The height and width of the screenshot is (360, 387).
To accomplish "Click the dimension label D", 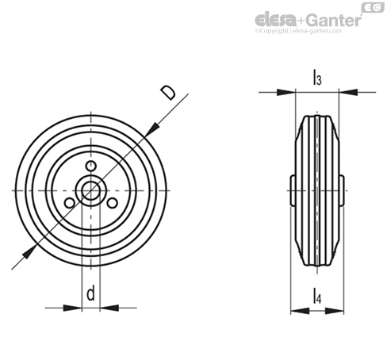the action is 168,92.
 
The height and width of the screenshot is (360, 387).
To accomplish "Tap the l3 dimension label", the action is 317,77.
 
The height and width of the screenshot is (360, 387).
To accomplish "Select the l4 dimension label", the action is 317,296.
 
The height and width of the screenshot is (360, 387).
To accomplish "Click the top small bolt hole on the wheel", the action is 90,166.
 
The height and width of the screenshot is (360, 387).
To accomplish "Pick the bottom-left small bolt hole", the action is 69,203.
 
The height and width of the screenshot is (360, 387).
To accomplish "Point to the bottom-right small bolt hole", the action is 112,203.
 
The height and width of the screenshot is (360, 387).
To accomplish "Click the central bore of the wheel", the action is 90,190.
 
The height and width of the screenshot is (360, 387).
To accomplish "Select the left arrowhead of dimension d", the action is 72,308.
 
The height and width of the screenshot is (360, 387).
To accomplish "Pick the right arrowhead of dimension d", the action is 109,308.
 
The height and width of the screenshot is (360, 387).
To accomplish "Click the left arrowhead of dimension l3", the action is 285,92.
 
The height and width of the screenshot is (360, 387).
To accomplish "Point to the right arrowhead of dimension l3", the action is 348,92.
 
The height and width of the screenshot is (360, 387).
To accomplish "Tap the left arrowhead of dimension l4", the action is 300,311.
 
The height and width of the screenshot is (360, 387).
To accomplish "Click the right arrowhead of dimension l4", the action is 335,311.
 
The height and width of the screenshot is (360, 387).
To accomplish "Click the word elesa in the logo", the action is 276,21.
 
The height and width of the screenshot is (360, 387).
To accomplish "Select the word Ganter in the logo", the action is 335,20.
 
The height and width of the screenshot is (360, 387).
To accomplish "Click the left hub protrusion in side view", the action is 293,190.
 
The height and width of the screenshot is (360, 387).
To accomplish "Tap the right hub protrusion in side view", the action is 342,190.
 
